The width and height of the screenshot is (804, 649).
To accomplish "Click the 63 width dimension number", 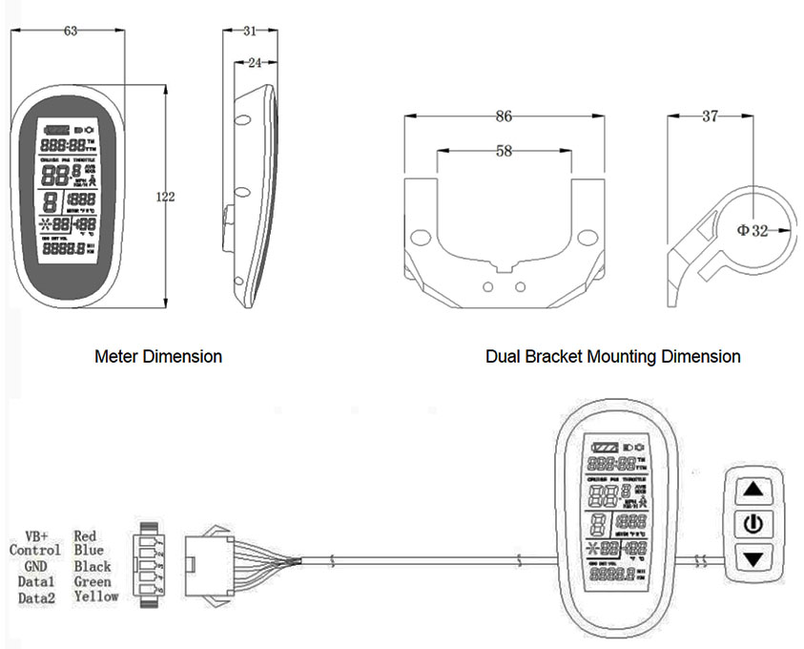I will pos(71,31).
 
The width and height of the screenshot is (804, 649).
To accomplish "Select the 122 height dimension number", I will pos(165,197).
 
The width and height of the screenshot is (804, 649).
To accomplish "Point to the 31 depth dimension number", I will pos(249,31).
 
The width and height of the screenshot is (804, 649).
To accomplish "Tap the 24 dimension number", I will pos(254,63).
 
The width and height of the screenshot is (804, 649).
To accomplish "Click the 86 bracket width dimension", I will pos(505,116).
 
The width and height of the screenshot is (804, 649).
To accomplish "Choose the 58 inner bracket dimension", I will pos(505,150).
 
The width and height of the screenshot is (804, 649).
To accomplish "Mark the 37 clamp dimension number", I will pos(710,116).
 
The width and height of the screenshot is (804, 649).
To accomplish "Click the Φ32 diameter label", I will pos(752,230).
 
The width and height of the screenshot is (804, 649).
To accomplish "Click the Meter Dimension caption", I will pos(158,357).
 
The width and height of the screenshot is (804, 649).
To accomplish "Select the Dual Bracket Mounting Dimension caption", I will pos(612,357).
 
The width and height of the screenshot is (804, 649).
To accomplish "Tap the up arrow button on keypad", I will pos(754,490).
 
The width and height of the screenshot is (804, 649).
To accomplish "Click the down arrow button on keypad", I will pos(754,557).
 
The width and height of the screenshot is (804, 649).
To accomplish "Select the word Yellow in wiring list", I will pos(95,597).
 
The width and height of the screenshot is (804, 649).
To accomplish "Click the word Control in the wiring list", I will pos(35,551).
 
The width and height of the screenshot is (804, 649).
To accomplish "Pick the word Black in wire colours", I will pos(93,566).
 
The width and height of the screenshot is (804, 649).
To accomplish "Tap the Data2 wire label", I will pos(36,597).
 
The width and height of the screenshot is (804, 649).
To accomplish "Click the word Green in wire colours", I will pos(93,581).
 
